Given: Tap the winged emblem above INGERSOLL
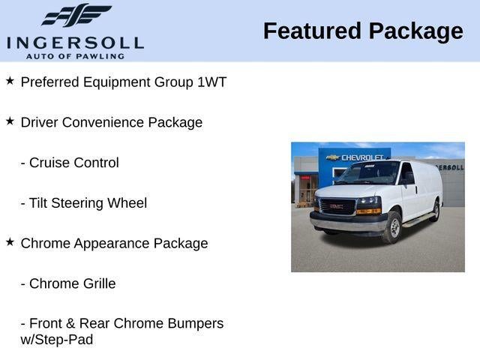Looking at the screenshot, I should click(76, 15).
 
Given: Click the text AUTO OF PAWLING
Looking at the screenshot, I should click(75, 55).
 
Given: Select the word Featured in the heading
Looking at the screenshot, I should click(311, 31).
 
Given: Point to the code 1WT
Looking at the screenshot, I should click(211, 82).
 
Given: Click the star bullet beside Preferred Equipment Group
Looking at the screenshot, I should click(10, 80).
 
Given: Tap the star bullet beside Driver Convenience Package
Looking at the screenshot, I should click(10, 121).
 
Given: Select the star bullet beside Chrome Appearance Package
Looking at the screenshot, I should click(10, 241).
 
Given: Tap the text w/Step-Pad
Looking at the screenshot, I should click(56, 339).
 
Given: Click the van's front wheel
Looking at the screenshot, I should click(391, 226).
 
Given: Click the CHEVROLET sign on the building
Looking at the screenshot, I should click(362, 157).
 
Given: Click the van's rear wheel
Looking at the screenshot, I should click(436, 211).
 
